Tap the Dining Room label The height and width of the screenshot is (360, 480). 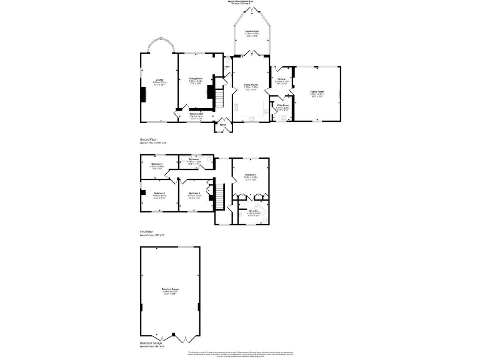tap(196, 79)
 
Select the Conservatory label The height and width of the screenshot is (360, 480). tap(252, 31)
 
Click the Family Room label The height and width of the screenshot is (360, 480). tap(317, 92)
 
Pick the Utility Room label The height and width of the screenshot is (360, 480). tap(282, 106)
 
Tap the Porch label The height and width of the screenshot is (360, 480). tap(222, 124)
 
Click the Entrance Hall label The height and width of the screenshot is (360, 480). tap(197, 114)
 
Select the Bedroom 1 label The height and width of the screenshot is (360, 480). tap(251, 174)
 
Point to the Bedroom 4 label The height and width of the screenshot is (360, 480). tap(157, 164)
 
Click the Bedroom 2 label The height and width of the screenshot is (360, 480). tap(159, 193)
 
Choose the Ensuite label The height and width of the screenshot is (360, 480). tap(254, 211)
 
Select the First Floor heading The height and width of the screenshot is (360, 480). tap(146, 231)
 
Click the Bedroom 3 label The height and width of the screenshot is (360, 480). tap(194, 193)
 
